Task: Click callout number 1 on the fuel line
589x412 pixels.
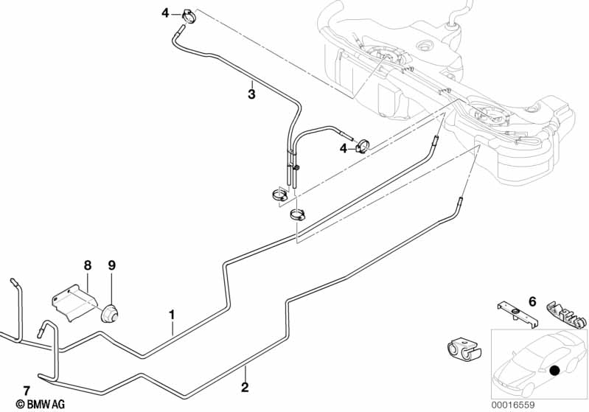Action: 172,315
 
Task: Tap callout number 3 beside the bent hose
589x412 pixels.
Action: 251,94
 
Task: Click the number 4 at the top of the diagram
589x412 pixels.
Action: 166,12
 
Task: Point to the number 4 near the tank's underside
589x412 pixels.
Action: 343,148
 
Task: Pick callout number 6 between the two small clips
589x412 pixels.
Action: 532,301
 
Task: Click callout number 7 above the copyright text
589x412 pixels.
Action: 27,390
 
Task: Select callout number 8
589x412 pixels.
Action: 87,265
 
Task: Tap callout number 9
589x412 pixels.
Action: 112,265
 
